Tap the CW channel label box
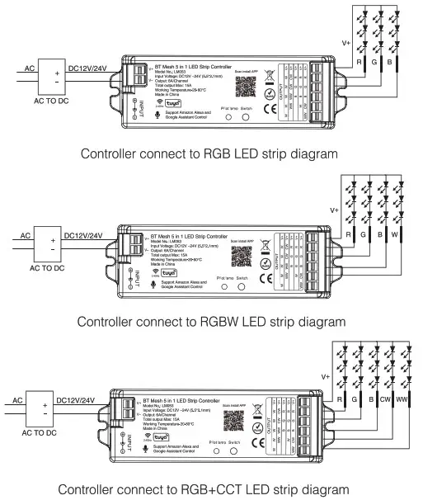coord(384,399)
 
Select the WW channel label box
coord(405,399)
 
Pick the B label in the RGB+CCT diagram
coord(367,399)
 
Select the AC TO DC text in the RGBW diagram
coord(52,268)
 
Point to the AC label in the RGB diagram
coord(28,68)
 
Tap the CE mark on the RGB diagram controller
coord(269,106)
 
